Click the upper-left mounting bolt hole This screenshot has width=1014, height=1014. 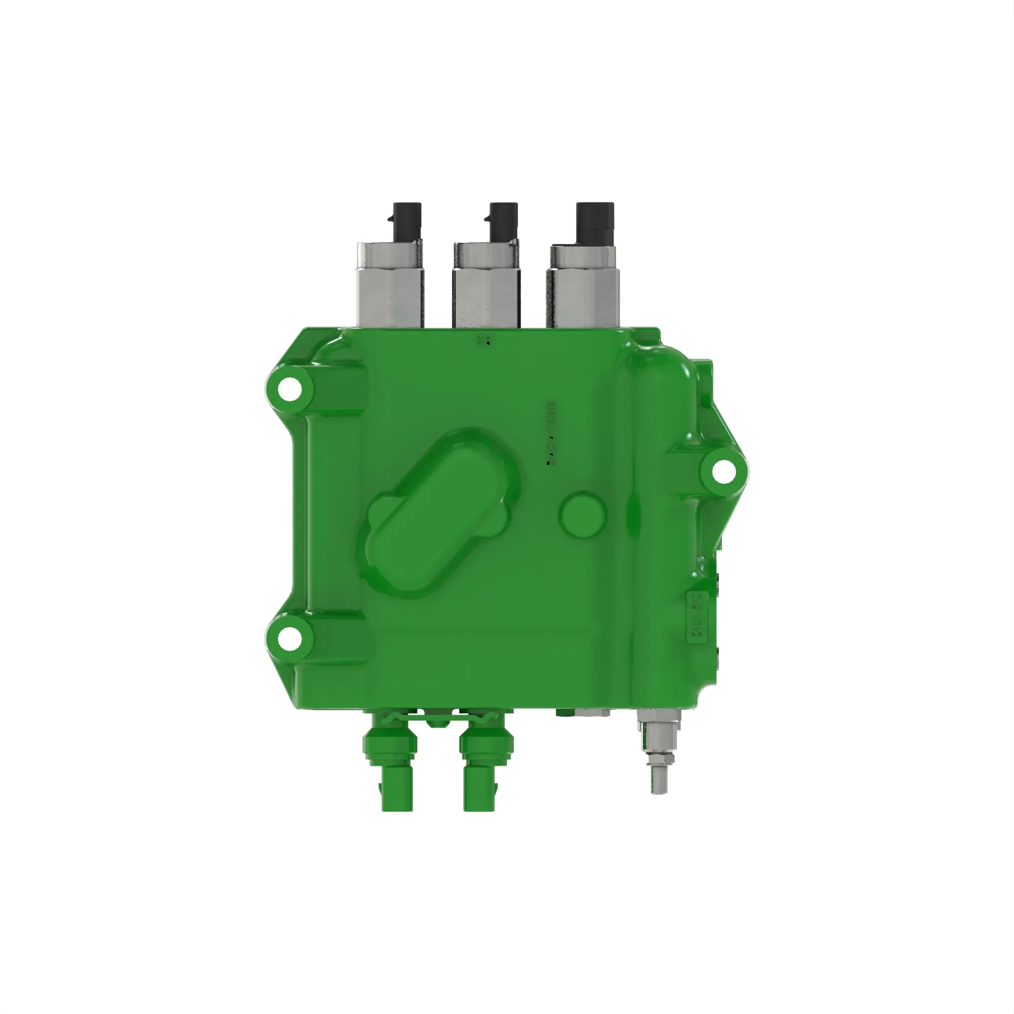[x=289, y=389]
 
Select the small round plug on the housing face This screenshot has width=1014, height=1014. [x=583, y=513]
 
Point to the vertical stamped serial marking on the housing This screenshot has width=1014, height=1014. [x=550, y=433]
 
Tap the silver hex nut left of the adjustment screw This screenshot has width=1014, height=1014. [x=592, y=712]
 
